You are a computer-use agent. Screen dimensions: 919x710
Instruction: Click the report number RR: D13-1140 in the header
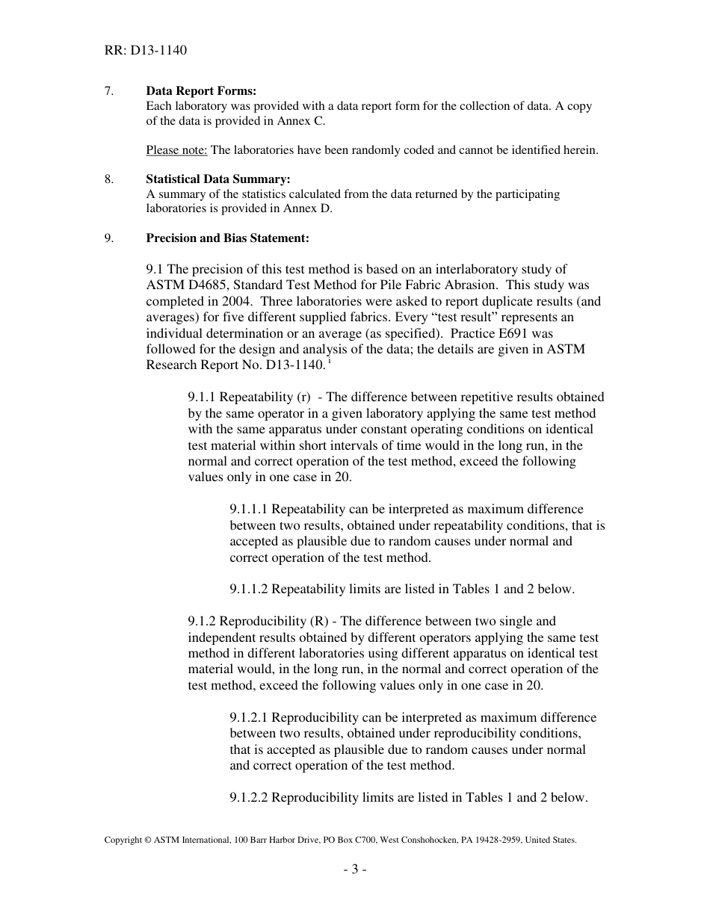[145, 51]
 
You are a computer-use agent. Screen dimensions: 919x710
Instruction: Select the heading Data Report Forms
[201, 91]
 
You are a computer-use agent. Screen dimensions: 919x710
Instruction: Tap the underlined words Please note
[176, 150]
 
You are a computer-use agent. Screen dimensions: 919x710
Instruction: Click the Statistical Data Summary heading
[217, 179]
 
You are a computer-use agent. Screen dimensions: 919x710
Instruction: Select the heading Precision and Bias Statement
[227, 238]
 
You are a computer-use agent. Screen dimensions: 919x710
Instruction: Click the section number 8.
[109, 179]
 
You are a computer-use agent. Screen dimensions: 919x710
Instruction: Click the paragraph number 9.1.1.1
[249, 510]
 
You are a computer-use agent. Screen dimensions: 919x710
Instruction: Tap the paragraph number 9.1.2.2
[249, 798]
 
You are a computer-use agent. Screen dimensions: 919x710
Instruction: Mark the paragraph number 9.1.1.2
[249, 590]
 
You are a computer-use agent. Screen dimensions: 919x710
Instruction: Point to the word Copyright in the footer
[123, 841]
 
